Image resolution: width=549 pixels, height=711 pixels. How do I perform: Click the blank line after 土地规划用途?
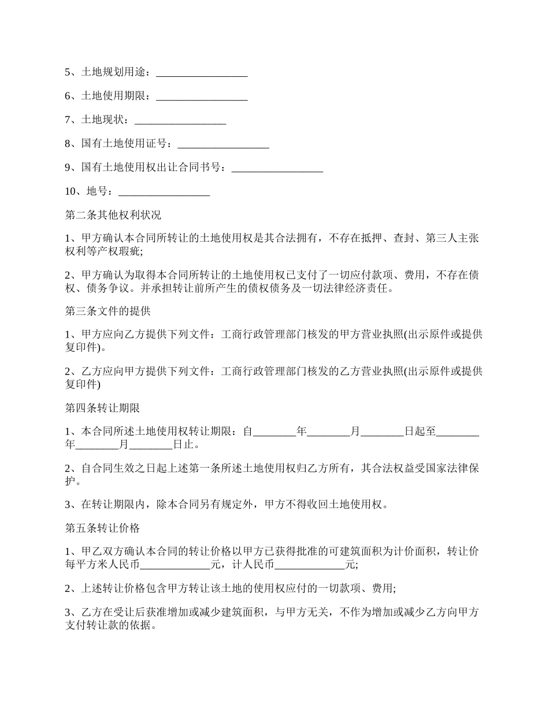click(x=202, y=73)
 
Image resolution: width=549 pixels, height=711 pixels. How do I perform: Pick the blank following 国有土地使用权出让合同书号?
click(x=277, y=168)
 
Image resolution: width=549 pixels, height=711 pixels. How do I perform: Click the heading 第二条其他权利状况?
click(x=113, y=216)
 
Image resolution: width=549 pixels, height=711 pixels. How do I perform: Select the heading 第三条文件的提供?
click(x=107, y=312)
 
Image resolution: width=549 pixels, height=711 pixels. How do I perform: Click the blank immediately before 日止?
click(x=151, y=445)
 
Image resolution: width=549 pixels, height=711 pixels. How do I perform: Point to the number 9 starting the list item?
click(x=68, y=168)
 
